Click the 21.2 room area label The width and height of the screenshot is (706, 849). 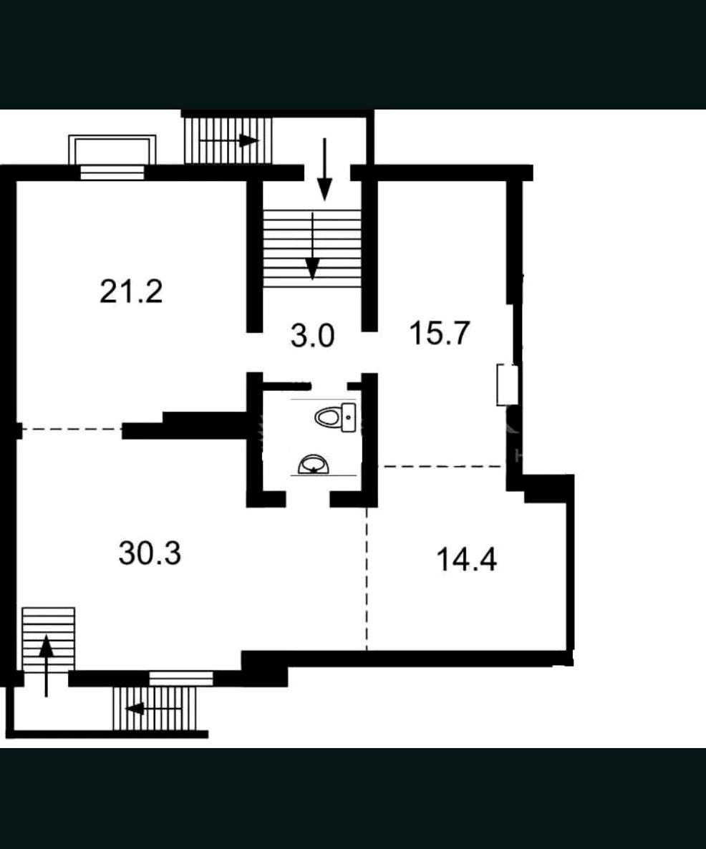coord(131,291)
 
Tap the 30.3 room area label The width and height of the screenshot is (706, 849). coord(150,553)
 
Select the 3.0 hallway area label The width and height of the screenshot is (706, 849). coord(312,335)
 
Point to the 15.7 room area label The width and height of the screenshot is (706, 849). coord(439,332)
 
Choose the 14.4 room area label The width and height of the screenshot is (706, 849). coord(466,559)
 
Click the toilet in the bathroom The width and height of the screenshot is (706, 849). coord(335,417)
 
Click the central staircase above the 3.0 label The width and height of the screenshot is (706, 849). coord(312,248)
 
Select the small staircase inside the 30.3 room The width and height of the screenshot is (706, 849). coord(48,639)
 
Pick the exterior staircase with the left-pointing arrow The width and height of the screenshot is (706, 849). coord(155,708)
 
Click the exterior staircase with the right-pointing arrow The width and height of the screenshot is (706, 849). coord(228,140)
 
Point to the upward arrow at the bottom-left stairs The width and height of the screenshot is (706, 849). coord(47,666)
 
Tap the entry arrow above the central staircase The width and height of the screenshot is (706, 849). coord(324,170)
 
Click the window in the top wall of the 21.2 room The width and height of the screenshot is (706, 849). coord(112,173)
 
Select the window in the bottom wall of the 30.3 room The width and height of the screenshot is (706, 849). coord(181,679)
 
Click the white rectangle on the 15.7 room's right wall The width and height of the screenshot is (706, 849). coord(507,385)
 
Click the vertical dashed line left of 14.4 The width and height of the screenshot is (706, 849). coord(367,578)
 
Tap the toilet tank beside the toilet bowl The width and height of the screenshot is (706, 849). coord(349,417)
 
